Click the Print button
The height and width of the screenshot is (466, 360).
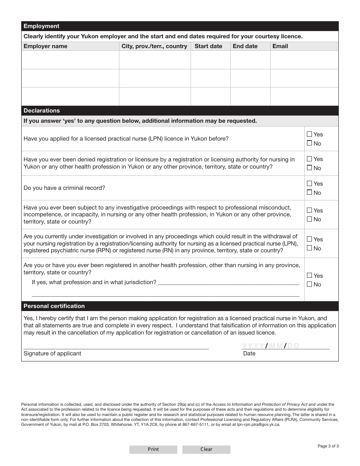point(153,449)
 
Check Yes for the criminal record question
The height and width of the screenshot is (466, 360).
point(310,184)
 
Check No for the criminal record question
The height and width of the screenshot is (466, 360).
point(310,192)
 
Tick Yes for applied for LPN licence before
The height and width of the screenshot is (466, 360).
point(310,134)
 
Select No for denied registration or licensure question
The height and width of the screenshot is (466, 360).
point(310,168)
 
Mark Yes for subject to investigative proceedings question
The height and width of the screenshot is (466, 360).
point(310,210)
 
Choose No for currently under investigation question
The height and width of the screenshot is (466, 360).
point(310,248)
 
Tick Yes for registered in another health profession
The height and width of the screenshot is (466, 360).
point(310,275)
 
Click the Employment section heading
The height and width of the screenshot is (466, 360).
point(42,26)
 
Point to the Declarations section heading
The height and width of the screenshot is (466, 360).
point(42,111)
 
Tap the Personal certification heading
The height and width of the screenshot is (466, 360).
point(54,306)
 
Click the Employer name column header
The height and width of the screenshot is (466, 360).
point(45,46)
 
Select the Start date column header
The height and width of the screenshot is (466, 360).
point(208,46)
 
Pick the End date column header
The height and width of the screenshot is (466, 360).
point(245,46)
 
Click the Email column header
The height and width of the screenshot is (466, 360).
point(280,46)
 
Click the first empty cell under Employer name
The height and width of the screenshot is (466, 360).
point(70,60)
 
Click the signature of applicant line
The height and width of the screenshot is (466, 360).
point(116,345)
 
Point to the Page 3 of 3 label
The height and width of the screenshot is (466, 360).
point(328,446)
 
